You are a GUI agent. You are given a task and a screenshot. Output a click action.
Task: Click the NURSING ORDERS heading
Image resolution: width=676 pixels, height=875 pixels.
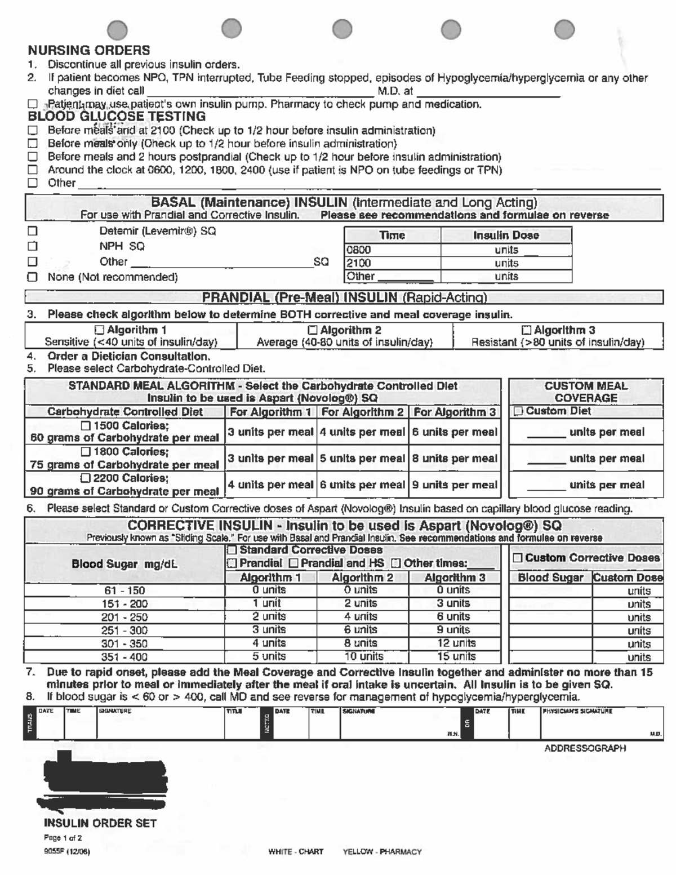(89, 51)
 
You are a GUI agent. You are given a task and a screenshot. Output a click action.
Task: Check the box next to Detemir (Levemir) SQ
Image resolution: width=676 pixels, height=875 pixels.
(33, 231)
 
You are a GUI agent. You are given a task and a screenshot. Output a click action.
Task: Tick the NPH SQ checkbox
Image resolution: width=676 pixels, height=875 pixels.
(33, 246)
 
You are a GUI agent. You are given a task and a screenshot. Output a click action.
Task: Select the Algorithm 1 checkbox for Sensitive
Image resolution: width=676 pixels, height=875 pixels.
(100, 330)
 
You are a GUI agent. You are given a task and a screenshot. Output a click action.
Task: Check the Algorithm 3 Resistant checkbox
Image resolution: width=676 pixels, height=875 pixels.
(526, 330)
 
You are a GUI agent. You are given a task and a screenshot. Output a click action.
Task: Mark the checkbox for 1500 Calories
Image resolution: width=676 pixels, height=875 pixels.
(86, 425)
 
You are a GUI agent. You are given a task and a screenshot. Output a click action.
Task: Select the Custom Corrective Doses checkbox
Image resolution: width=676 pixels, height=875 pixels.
(518, 558)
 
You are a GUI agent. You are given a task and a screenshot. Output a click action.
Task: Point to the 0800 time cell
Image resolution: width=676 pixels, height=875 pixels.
(359, 250)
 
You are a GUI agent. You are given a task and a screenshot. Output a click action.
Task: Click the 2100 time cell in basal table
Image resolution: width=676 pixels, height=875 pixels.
(359, 263)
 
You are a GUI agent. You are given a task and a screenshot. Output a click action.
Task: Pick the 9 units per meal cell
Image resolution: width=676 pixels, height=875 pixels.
(455, 485)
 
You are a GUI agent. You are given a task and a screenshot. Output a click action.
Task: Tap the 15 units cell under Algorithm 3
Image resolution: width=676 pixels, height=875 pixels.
(456, 656)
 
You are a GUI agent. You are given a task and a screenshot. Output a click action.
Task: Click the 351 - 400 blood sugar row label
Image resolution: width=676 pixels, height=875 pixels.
(124, 657)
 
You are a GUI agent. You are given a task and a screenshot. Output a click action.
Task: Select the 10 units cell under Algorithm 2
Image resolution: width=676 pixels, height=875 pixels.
(363, 656)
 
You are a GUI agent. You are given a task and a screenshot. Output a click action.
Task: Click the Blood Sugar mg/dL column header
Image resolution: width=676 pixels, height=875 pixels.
(124, 564)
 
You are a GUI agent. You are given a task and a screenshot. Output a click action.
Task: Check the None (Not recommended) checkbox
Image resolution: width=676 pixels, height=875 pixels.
(33, 277)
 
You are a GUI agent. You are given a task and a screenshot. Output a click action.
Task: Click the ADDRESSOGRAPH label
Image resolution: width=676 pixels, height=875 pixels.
(585, 748)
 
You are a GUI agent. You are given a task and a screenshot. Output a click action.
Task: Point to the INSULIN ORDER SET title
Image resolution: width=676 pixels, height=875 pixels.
(100, 823)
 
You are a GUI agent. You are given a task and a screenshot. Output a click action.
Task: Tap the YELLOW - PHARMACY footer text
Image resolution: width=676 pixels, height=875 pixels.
(382, 851)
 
